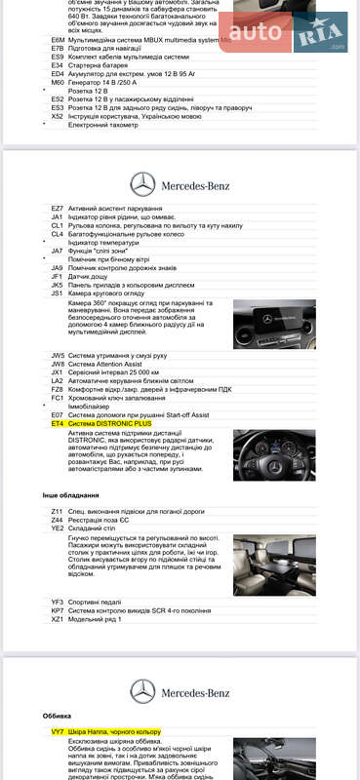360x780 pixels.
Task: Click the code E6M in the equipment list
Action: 58,42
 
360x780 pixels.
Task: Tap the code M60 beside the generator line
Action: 58,83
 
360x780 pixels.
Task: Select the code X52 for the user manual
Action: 58,116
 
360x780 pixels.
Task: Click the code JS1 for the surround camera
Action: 58,292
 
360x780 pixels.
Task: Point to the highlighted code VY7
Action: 58,731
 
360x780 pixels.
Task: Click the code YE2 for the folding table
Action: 58,527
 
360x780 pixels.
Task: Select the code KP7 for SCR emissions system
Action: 58,610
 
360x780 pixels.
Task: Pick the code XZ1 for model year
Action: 58,619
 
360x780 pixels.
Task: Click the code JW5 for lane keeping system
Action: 58,356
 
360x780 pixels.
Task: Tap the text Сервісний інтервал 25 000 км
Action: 111,372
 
